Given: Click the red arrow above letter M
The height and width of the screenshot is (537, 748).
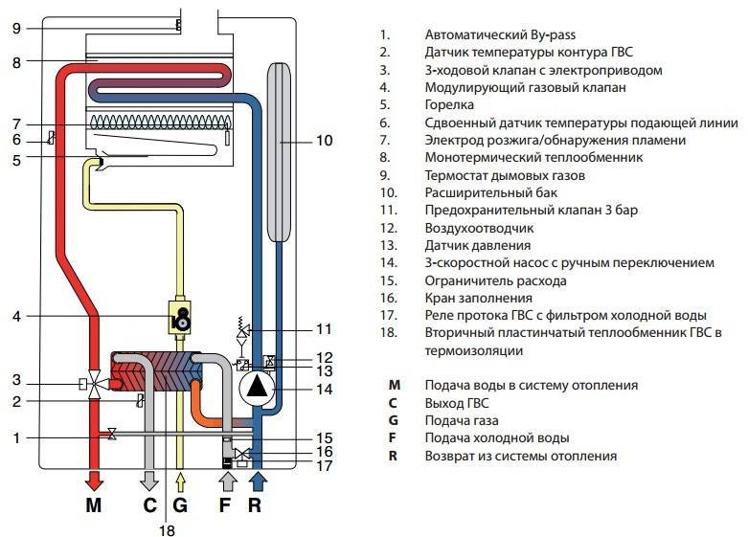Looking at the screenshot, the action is (94, 480).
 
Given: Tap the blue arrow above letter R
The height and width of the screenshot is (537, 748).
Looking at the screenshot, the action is (258, 480).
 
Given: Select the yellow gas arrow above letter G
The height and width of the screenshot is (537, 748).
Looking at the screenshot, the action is (180, 481).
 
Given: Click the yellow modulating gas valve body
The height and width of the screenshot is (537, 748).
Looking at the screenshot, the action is (179, 317).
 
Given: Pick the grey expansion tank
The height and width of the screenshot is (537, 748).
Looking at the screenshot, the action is (278, 151).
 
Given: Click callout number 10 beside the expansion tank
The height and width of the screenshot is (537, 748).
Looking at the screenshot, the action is (325, 140).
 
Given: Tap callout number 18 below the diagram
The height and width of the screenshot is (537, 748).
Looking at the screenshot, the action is (167, 530).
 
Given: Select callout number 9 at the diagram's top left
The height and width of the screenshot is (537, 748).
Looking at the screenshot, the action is (16, 29).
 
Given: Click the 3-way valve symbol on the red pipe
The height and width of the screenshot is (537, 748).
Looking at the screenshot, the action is (95, 383).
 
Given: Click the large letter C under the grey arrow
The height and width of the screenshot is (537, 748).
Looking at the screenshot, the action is (149, 505).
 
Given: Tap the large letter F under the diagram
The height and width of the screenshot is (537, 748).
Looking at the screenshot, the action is (224, 505).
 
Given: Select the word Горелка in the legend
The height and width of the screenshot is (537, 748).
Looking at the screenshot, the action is (449, 105).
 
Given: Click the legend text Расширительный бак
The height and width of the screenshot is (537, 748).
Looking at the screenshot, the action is (491, 192).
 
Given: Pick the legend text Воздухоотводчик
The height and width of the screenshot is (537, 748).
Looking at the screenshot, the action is (479, 228).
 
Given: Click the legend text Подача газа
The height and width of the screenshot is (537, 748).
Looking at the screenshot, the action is (462, 420).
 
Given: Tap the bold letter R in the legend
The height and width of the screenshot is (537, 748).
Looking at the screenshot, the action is (393, 456).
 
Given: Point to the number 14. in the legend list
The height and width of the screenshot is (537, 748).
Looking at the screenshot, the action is (388, 262).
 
